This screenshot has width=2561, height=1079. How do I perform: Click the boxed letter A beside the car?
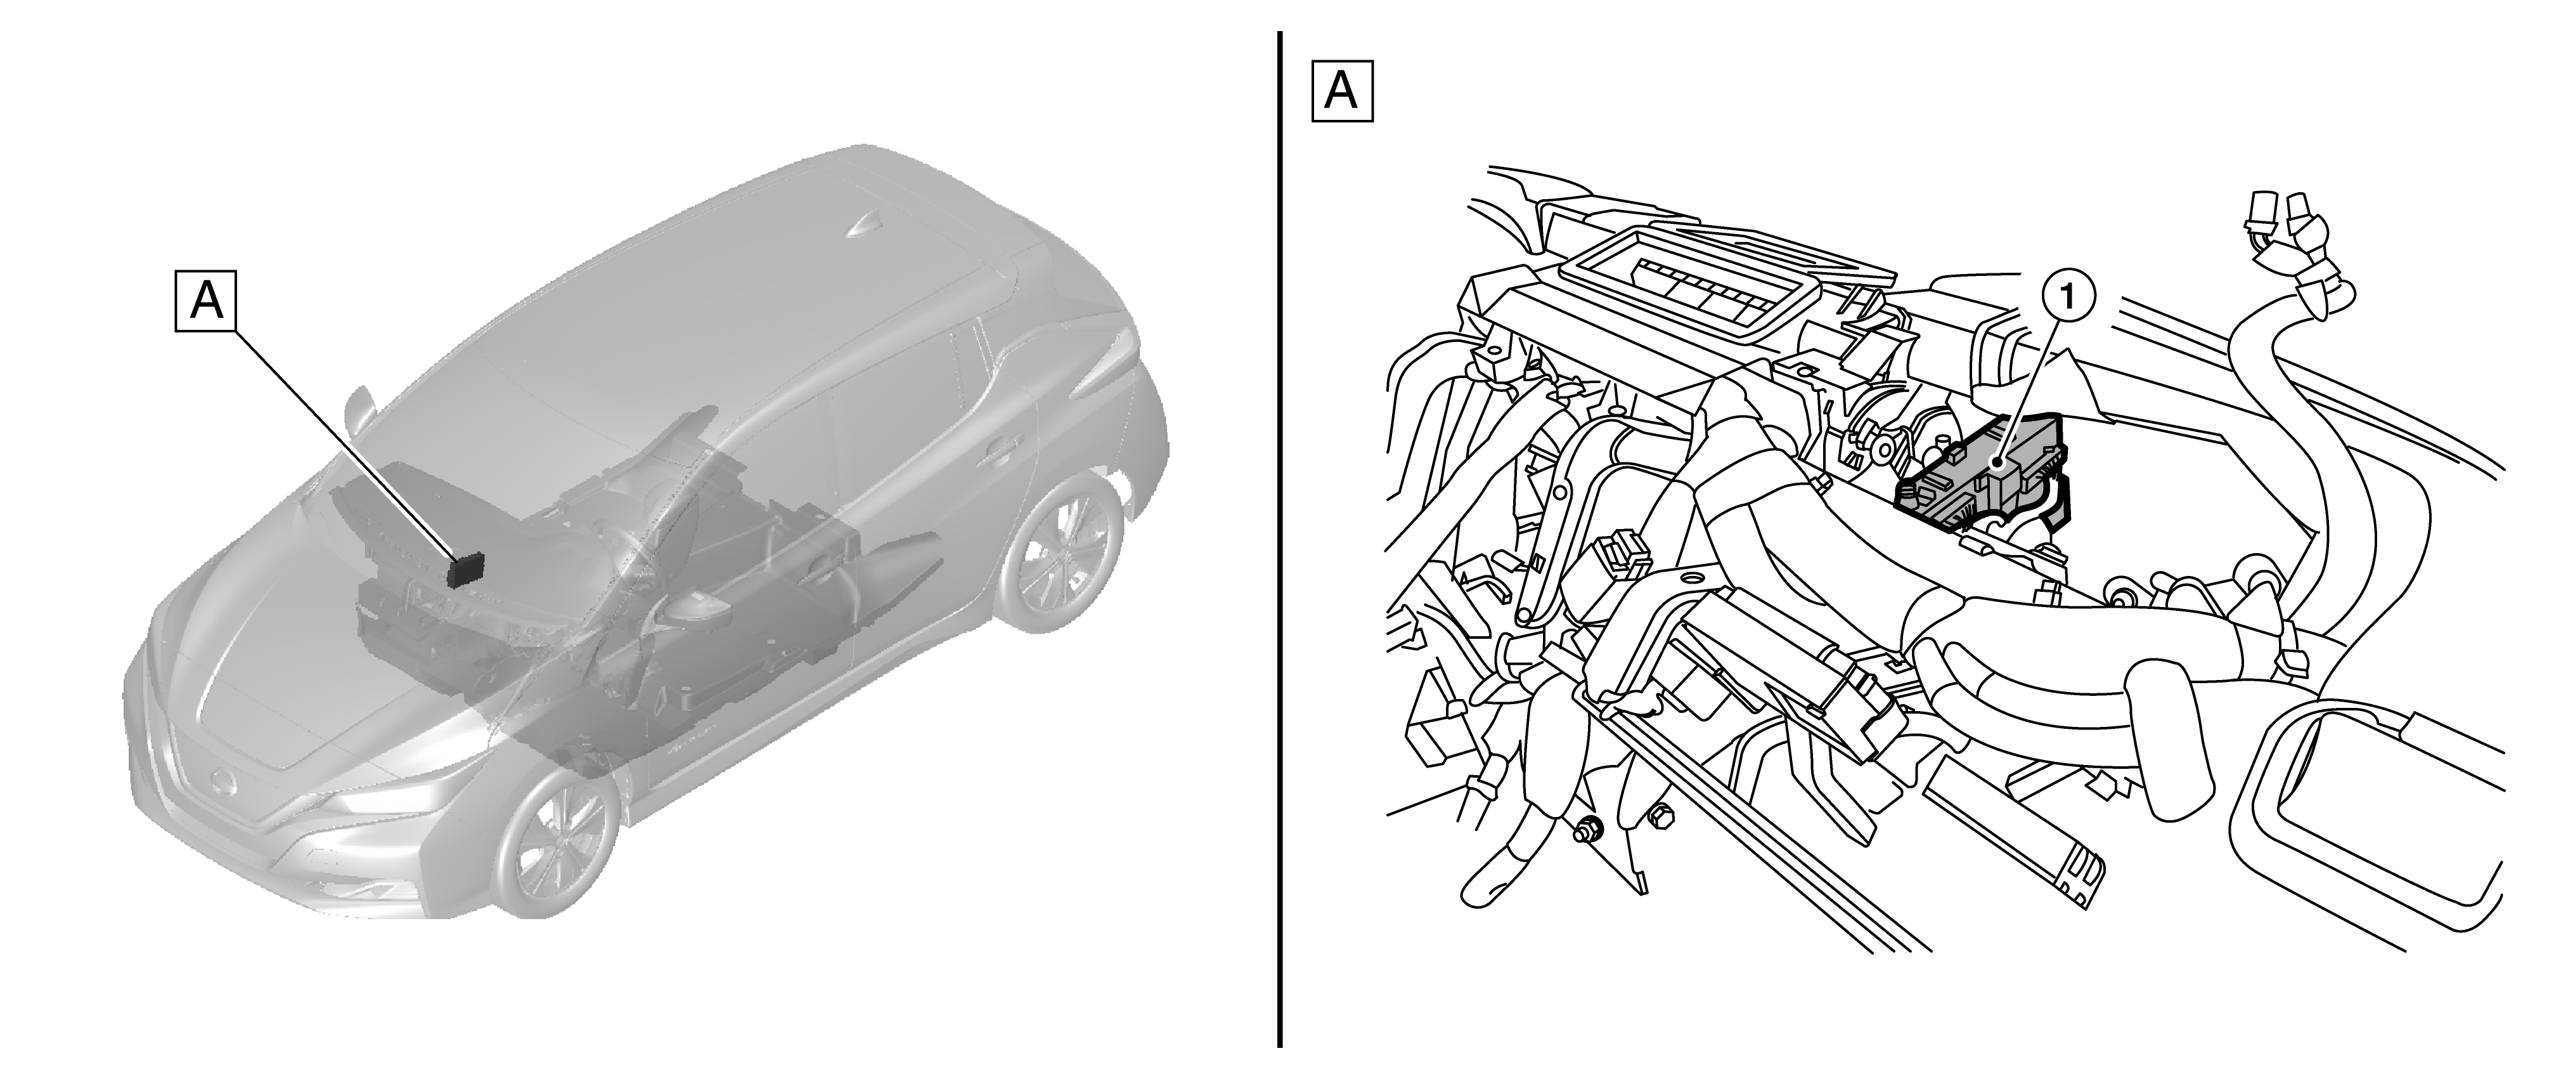pos(206,299)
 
